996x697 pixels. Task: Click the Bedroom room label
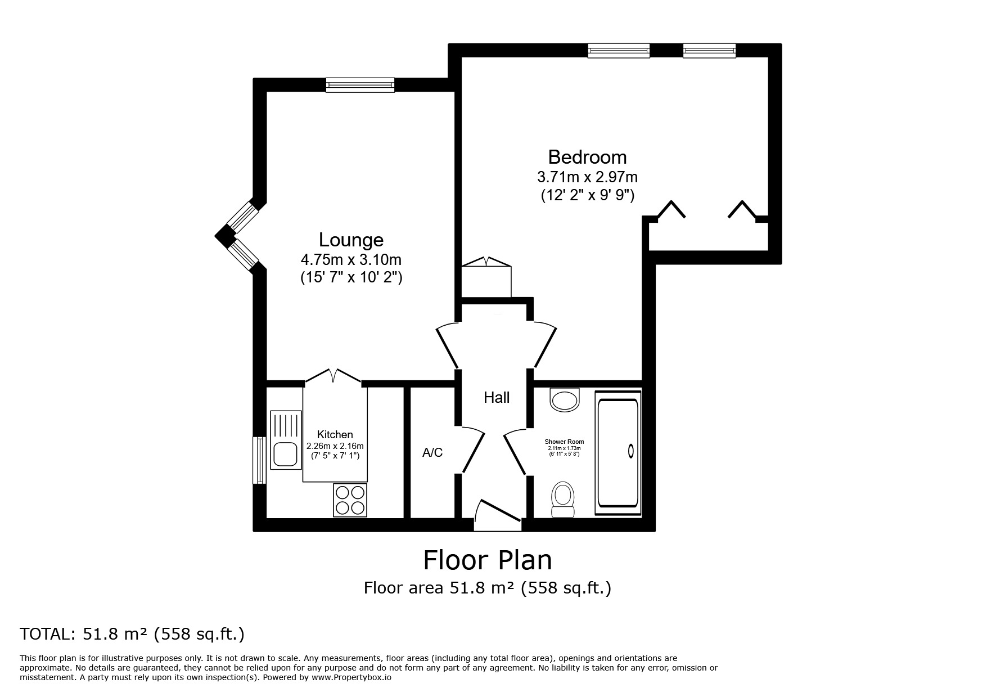[587, 157]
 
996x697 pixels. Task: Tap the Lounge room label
[351, 240]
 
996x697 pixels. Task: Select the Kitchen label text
[335, 434]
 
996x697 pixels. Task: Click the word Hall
[497, 398]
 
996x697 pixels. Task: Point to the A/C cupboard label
[432, 452]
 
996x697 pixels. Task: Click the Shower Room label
[564, 442]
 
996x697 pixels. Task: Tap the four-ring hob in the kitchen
[350, 500]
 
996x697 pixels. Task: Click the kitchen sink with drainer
[286, 440]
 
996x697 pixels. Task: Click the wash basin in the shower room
[565, 401]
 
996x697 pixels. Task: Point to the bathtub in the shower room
[618, 452]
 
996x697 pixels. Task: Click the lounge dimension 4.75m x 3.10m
[351, 260]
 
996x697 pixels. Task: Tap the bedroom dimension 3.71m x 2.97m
[587, 177]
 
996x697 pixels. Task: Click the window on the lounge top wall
[360, 86]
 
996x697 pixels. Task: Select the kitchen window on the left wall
[259, 460]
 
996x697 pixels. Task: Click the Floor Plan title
[487, 560]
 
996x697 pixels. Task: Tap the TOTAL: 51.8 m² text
[132, 634]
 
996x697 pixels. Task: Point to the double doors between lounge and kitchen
[333, 376]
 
